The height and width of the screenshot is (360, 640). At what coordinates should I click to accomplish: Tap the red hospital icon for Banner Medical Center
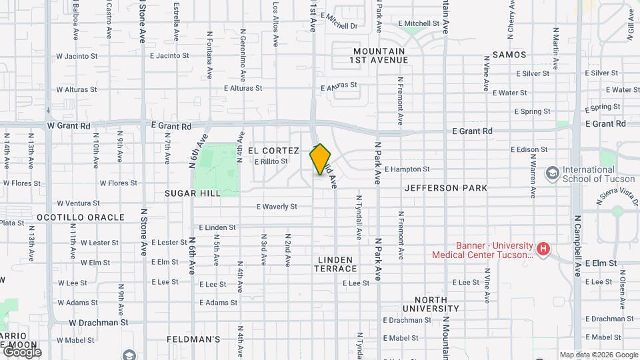[543, 249]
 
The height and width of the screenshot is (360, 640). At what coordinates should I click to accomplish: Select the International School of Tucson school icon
[552, 174]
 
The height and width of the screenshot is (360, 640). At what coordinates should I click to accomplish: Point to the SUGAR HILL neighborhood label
[187, 193]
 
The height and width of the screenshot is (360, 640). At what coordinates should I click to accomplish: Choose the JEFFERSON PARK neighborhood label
[445, 188]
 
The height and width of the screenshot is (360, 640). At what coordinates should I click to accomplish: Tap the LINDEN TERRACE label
[337, 263]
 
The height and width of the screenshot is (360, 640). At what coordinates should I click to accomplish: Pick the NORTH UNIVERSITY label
[431, 304]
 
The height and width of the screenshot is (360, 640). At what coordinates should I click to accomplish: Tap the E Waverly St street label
[277, 207]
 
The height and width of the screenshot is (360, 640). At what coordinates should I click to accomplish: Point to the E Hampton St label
[407, 169]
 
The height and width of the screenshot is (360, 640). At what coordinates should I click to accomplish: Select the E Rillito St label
[271, 161]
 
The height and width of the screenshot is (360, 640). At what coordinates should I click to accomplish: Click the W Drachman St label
[99, 322]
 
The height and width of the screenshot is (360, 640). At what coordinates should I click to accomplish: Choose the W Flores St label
[118, 183]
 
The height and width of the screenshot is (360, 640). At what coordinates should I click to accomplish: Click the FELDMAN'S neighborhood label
[193, 339]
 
